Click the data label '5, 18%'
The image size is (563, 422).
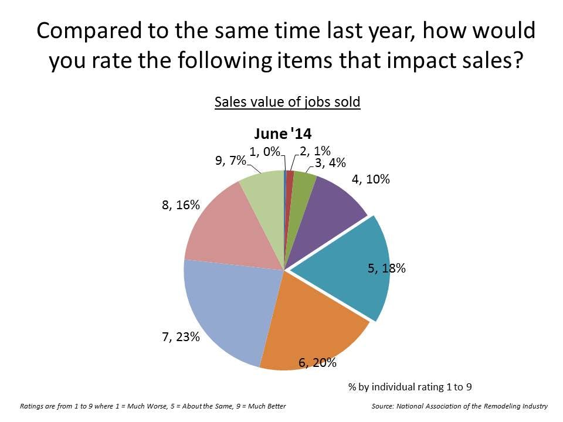[386, 269]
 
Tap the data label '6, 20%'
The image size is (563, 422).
[317, 363]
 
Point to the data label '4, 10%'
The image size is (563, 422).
[371, 179]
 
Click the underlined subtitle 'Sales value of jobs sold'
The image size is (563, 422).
[287, 101]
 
